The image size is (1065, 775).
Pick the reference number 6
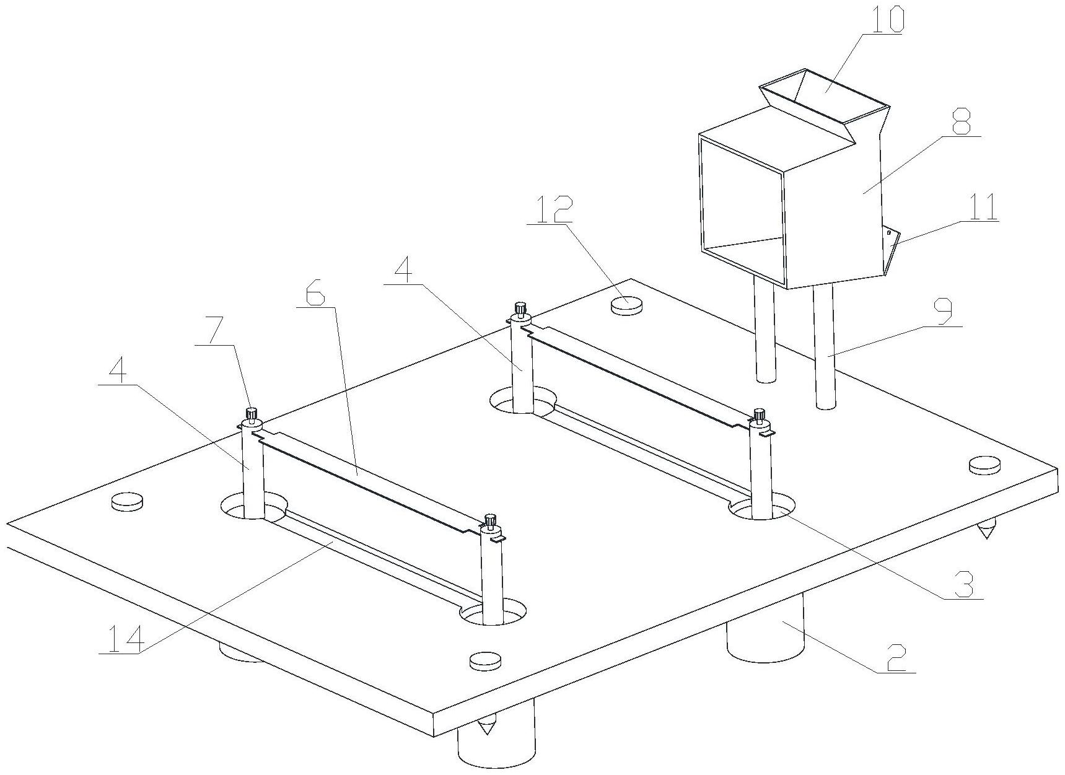pyautogui.click(x=314, y=294)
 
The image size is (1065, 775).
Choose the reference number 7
pyautogui.click(x=212, y=334)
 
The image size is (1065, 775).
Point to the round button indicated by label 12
pyautogui.click(x=627, y=304)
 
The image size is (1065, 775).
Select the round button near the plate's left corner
pyautogui.click(x=127, y=502)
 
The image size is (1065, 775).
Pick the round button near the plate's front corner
pyautogui.click(x=484, y=660)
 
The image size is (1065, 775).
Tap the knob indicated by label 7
pyautogui.click(x=252, y=413)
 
